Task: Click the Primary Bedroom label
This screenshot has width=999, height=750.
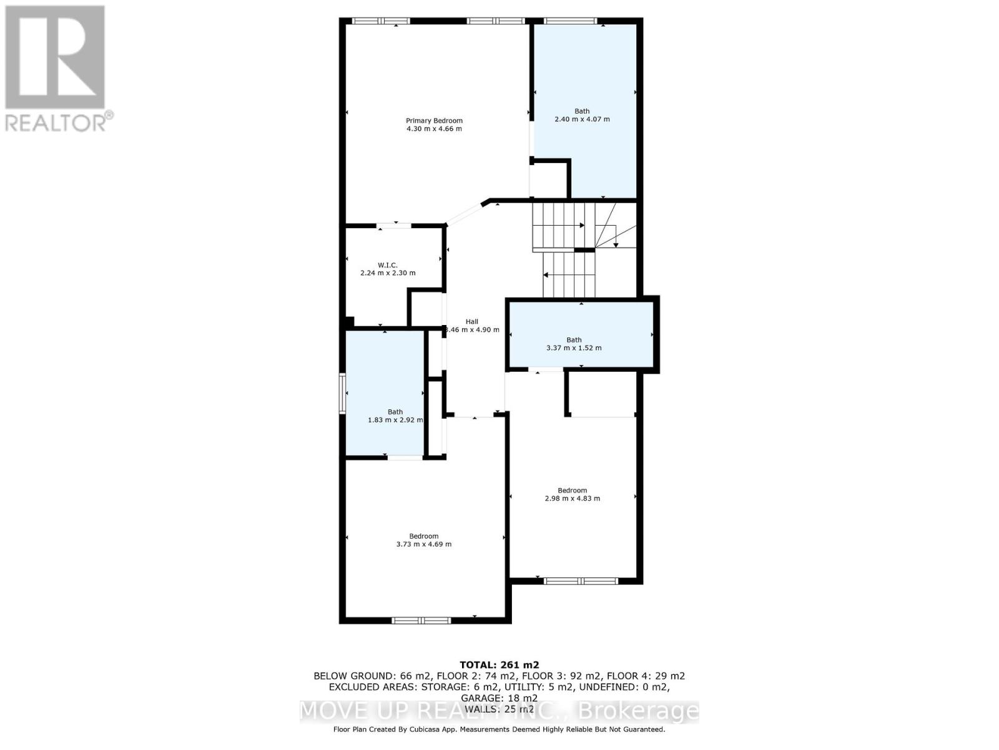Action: tap(434, 121)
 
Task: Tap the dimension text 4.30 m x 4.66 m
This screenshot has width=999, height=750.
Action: tap(434, 129)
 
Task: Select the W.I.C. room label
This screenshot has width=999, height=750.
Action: tap(387, 265)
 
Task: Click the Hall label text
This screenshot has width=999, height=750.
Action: tap(471, 322)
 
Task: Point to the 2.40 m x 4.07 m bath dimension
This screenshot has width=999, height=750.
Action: tap(582, 119)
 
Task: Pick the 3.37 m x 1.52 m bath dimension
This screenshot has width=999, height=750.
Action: tap(574, 348)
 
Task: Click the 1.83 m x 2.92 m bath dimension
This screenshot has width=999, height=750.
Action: tap(395, 420)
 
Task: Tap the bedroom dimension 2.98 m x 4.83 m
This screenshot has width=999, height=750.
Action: tap(572, 499)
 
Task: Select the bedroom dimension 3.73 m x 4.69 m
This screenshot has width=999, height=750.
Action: tap(423, 544)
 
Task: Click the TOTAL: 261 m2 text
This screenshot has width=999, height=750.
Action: tap(499, 665)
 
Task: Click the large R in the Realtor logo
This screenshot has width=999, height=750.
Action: tap(55, 57)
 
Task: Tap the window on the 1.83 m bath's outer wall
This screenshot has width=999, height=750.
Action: tap(343, 393)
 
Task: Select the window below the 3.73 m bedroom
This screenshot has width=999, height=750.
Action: tap(421, 621)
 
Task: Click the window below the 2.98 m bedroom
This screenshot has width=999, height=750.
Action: tap(581, 581)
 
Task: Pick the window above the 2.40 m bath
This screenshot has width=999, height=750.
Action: tap(569, 21)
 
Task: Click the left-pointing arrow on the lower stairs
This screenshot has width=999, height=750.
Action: tap(546, 274)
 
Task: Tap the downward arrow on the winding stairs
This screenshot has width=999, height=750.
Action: tap(616, 244)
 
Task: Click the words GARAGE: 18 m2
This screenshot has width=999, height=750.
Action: tap(499, 698)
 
